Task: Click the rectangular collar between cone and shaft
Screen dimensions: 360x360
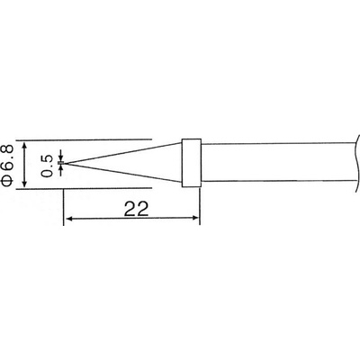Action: [x=191, y=163]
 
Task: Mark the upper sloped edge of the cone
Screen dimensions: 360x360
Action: [x=126, y=151]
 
